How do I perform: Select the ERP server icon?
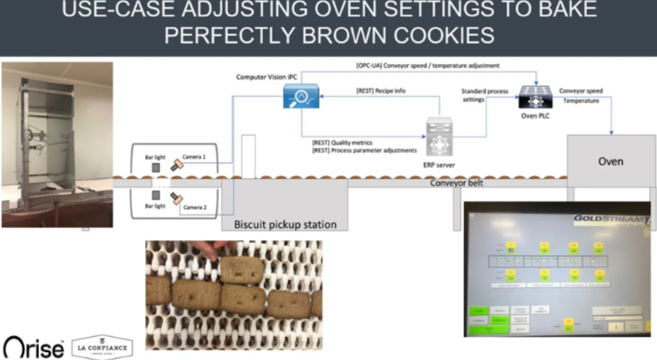pos(439,137)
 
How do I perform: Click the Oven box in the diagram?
pos(611,161)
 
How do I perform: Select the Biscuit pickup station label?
pos(285,224)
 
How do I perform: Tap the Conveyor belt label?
pos(456,183)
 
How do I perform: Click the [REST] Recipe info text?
pos(380,92)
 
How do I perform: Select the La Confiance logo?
pos(103,346)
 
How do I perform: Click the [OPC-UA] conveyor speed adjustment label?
pos(427,66)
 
